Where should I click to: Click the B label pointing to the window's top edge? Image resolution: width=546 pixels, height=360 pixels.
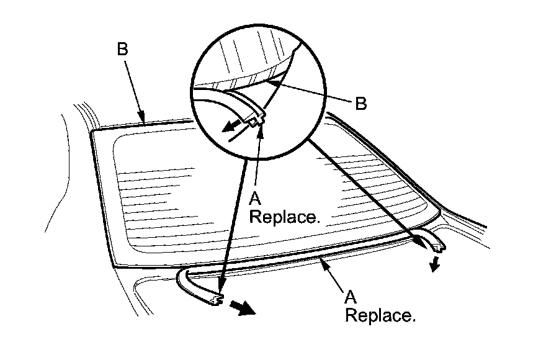click(122, 50)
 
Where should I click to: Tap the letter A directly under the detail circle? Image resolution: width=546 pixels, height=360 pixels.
click(254, 198)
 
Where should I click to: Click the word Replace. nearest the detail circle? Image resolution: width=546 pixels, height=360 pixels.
click(284, 218)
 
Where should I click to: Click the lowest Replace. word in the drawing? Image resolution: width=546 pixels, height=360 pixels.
click(379, 316)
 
